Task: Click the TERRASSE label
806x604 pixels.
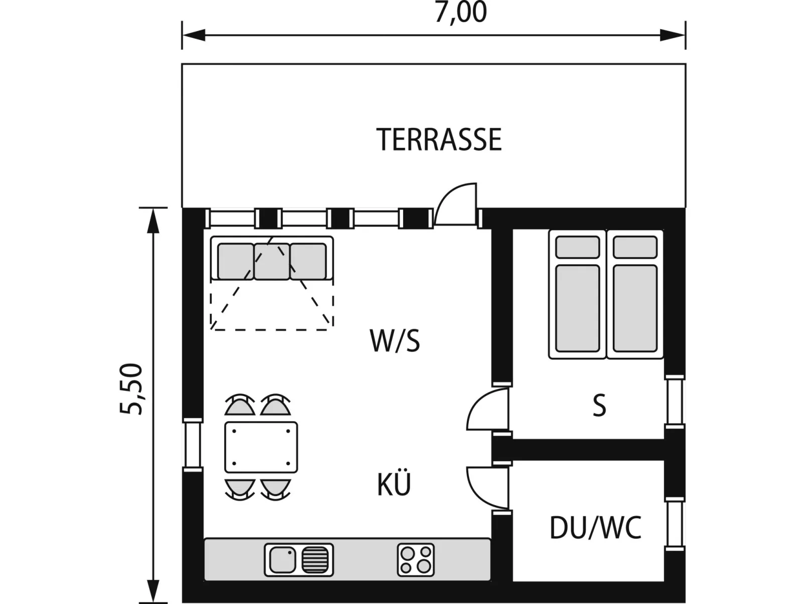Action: coord(439,139)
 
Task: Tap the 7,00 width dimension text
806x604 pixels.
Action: coord(461,12)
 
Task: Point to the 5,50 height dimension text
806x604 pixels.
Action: coord(130,389)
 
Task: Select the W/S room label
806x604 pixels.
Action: coord(395,341)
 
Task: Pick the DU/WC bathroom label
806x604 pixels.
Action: coord(595,527)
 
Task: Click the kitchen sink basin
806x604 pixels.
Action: coord(283,560)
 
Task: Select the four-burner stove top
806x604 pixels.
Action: coord(416,560)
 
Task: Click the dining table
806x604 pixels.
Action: coord(261,447)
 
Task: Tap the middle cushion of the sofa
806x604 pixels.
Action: coord(272,262)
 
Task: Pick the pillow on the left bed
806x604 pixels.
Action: coord(578,247)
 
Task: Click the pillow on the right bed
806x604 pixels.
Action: coord(635,247)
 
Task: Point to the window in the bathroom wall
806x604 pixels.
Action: coord(675,524)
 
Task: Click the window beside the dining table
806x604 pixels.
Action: coord(193,445)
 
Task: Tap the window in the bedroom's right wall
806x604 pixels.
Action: coord(675,401)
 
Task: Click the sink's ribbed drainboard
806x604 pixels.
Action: coord(315,560)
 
